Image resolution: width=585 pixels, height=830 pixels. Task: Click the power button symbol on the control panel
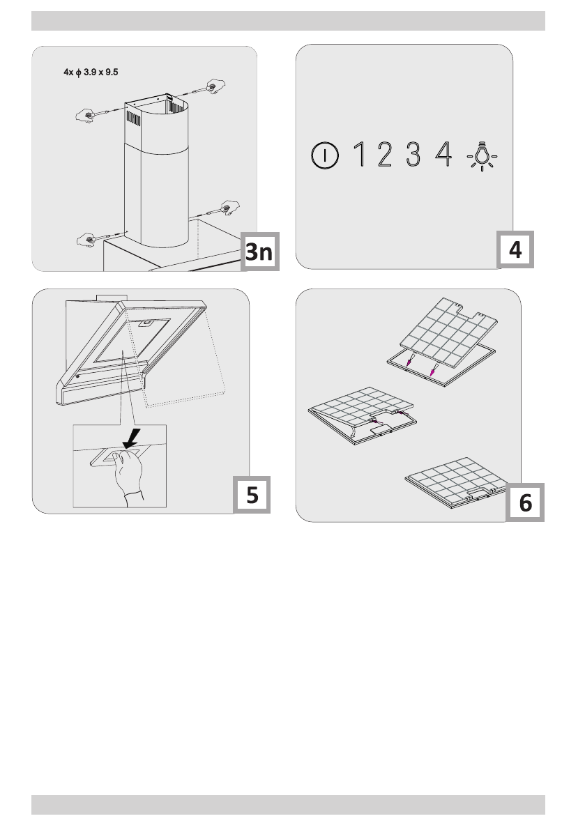[x=324, y=155]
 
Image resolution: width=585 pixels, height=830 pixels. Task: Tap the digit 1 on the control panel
[x=360, y=154]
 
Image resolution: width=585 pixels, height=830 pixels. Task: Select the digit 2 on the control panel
[x=385, y=154]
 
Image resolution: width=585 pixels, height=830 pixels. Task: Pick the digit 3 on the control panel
[x=413, y=154]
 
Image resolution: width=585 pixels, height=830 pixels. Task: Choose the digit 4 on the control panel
[x=443, y=154]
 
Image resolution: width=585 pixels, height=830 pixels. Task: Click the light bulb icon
[x=482, y=156]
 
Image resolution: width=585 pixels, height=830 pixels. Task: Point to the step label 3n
[x=259, y=252]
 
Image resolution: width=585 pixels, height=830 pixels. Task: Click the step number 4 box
[x=515, y=249]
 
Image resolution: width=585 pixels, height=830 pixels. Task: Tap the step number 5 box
[x=252, y=494]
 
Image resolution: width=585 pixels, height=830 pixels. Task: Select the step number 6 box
[x=525, y=502]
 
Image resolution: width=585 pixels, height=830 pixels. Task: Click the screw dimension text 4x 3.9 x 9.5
[x=91, y=72]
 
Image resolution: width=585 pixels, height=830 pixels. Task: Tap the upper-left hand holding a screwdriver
[x=84, y=115]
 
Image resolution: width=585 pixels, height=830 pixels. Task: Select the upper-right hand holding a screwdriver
[x=215, y=86]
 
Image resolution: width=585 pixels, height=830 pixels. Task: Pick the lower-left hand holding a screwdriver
[x=86, y=240]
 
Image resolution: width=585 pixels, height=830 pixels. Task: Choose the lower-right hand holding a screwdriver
[x=230, y=208]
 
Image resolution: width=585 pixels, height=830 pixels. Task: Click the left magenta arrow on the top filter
[x=409, y=361]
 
